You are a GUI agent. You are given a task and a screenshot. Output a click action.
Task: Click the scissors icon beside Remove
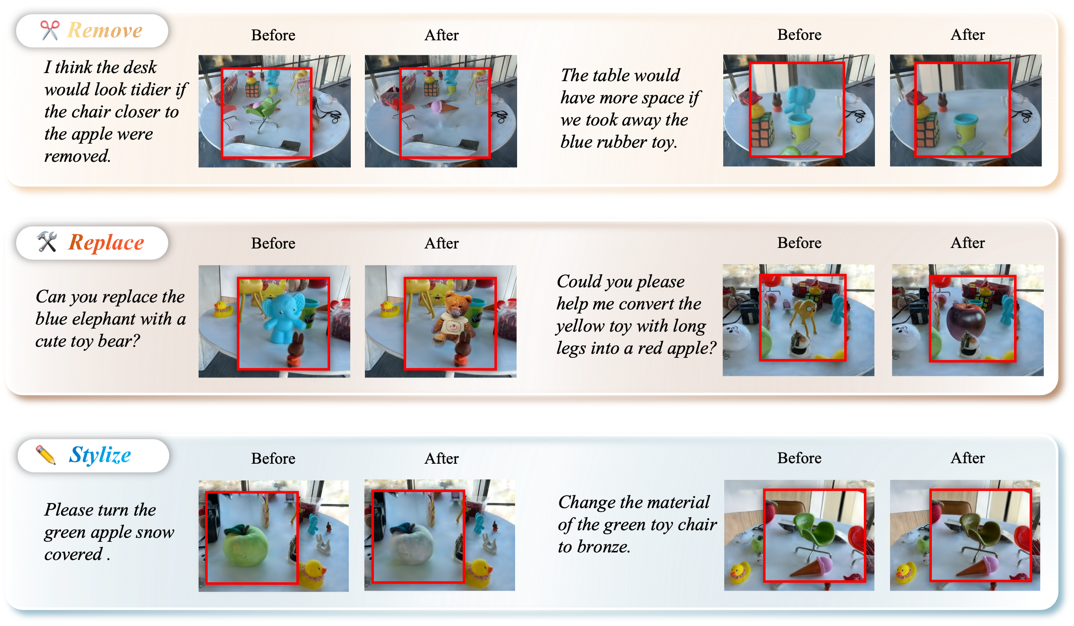click(x=50, y=30)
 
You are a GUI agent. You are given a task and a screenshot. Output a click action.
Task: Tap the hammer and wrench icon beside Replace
click(x=47, y=242)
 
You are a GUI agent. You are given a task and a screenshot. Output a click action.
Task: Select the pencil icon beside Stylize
click(x=46, y=455)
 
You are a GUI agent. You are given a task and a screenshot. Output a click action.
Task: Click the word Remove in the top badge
click(x=105, y=30)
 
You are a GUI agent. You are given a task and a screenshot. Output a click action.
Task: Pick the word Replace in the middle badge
click(x=106, y=242)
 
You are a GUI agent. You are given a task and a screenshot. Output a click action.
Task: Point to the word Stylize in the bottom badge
click(x=100, y=455)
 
